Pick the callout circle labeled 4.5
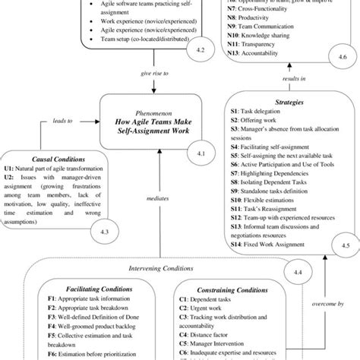tap(345, 245)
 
